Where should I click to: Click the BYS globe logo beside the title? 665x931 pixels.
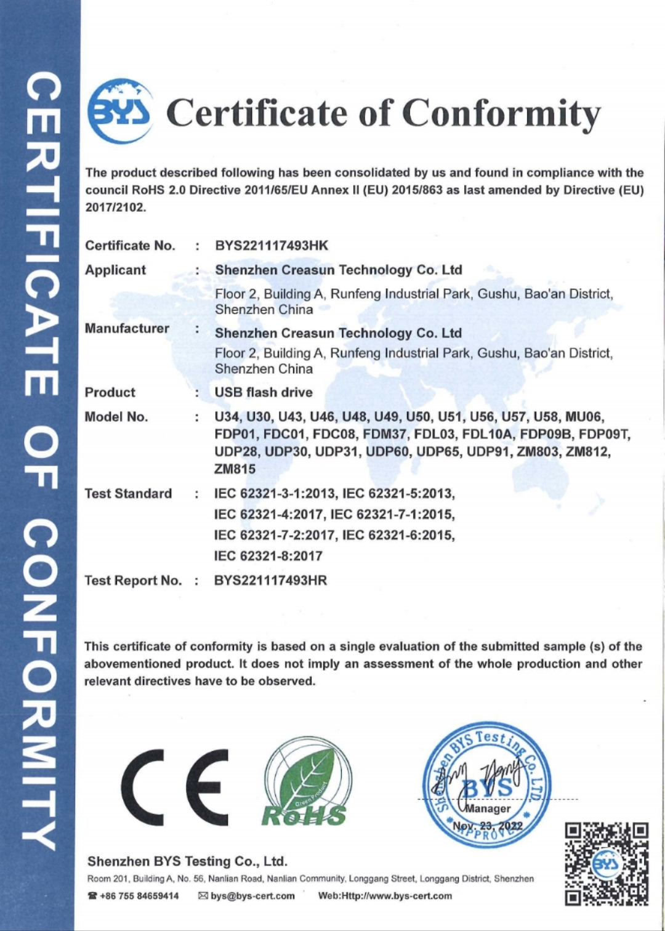tap(119, 111)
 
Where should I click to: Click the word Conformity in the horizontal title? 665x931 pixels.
tap(501, 113)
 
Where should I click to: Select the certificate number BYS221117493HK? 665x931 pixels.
tap(272, 246)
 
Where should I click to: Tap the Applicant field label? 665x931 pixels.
tap(115, 270)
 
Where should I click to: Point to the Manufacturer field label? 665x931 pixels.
tap(127, 328)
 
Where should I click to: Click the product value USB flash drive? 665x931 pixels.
tap(264, 392)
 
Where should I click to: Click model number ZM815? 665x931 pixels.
tap(235, 469)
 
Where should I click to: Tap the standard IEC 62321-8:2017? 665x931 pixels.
tap(268, 556)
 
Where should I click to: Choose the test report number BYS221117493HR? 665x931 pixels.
tap(270, 581)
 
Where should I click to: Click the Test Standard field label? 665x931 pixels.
tap(128, 493)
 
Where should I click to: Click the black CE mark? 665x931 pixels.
tap(174, 788)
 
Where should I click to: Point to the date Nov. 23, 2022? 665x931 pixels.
tap(488, 826)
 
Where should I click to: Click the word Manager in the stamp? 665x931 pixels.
tap(488, 808)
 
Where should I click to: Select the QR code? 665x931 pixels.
tap(607, 864)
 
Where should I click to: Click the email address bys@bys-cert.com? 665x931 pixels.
tap(252, 896)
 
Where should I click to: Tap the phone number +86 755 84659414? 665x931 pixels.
tap(139, 896)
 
